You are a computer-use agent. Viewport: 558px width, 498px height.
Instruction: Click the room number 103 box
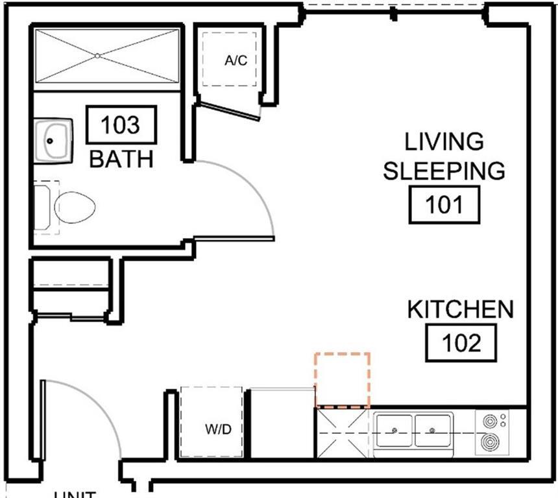(x=121, y=124)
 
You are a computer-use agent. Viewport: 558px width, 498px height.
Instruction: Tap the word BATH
(x=121, y=159)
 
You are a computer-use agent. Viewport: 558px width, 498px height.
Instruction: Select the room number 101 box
(x=444, y=205)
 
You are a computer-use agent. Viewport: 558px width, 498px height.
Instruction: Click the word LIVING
(x=444, y=141)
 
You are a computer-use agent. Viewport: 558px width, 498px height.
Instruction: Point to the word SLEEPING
(x=444, y=171)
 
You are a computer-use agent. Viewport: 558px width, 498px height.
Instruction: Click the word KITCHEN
(x=460, y=310)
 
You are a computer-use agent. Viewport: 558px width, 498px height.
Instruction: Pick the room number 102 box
(x=461, y=342)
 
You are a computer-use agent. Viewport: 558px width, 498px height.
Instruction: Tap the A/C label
(x=236, y=61)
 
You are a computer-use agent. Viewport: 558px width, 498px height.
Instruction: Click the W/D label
(x=219, y=429)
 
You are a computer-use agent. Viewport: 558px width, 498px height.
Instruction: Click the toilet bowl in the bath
(x=75, y=207)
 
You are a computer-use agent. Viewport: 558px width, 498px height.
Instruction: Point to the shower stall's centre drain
(x=97, y=56)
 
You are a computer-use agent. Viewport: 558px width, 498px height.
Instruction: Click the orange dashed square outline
(x=342, y=380)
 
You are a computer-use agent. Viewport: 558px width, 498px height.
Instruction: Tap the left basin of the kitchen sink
(x=394, y=430)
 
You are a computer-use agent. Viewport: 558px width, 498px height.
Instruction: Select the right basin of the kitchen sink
(x=432, y=430)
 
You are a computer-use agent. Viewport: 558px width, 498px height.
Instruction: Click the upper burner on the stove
(x=490, y=421)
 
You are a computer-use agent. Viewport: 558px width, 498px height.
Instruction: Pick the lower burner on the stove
(x=490, y=444)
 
